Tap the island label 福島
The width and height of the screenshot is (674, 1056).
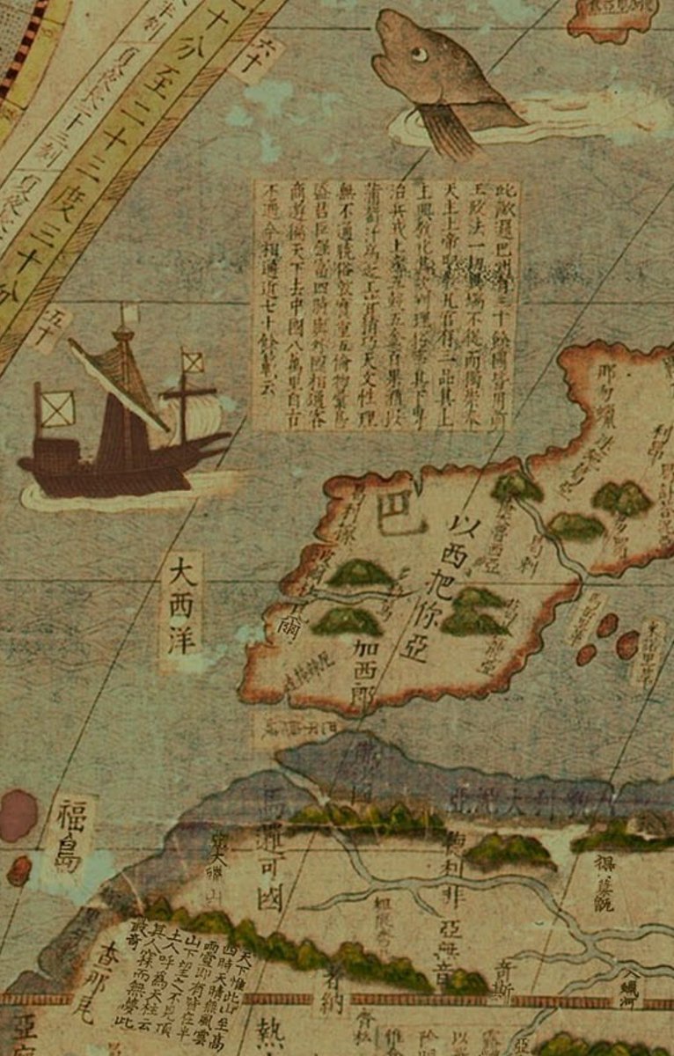click(x=69, y=836)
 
